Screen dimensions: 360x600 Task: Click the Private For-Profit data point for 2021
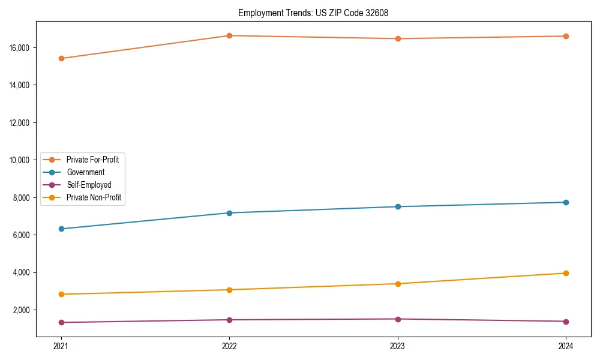[61, 58]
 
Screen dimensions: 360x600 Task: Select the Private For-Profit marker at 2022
[229, 35]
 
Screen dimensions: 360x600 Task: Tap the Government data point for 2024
[566, 202]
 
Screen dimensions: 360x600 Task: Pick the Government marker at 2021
[61, 229]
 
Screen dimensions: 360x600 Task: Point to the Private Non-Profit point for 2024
[566, 273]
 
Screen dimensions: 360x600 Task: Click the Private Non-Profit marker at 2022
[229, 290]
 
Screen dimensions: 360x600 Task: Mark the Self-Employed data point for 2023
[398, 319]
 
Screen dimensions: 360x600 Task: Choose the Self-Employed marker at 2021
[61, 322]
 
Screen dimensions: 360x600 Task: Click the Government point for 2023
[398, 206]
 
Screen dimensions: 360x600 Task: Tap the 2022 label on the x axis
[229, 346]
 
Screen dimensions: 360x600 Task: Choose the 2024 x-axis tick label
[566, 346]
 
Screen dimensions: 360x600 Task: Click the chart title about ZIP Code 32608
[313, 13]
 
